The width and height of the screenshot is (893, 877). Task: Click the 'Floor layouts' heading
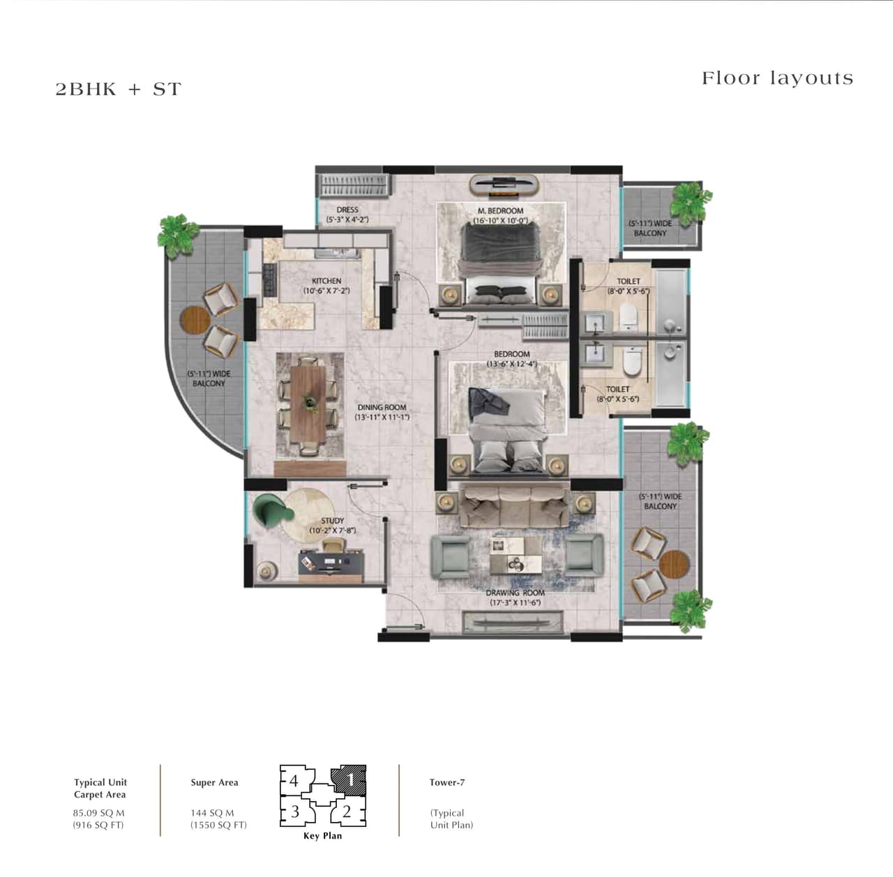(777, 78)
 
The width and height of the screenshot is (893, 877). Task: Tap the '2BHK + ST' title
(118, 89)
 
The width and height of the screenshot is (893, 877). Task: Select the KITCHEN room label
(326, 281)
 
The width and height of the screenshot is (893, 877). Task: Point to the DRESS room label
(347, 209)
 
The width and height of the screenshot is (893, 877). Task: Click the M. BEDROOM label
(500, 211)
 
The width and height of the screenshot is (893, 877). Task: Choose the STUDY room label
(332, 521)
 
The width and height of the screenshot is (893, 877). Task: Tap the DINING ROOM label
(382, 407)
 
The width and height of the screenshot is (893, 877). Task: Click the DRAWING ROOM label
(515, 593)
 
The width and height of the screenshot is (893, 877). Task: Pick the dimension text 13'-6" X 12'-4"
(511, 364)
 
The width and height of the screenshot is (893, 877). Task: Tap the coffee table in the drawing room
(515, 554)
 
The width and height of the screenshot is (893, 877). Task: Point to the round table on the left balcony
(195, 321)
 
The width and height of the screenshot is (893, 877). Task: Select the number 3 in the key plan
(295, 811)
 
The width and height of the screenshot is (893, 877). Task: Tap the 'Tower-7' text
(447, 782)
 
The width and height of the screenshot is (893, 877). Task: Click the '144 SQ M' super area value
(212, 813)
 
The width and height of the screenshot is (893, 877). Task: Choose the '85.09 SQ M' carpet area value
(98, 813)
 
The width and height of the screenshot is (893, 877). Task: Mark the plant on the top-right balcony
(689, 201)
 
